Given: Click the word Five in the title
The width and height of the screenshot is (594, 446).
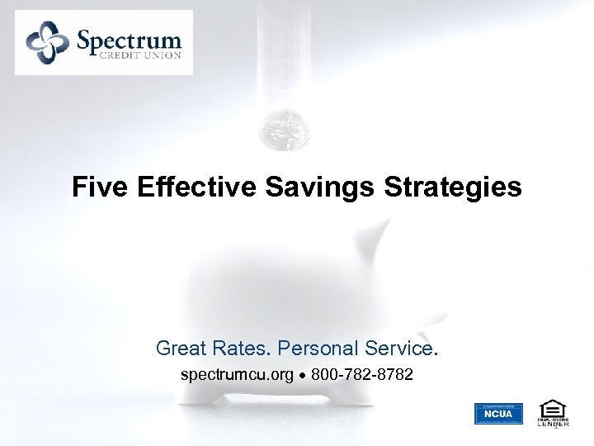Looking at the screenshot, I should (x=92, y=187).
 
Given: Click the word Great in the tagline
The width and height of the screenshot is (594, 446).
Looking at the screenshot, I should (x=181, y=349).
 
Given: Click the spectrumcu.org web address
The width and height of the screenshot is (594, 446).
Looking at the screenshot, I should (x=237, y=375).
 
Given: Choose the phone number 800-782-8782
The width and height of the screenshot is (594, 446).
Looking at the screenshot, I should (x=362, y=375).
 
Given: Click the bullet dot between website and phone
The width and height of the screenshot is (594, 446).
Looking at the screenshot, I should (x=302, y=376).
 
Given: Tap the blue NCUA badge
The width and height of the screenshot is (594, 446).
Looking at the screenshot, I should (x=498, y=413).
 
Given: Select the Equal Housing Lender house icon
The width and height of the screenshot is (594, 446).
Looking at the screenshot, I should (x=552, y=408).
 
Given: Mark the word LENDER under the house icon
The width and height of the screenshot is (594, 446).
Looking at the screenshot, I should (x=553, y=424).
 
